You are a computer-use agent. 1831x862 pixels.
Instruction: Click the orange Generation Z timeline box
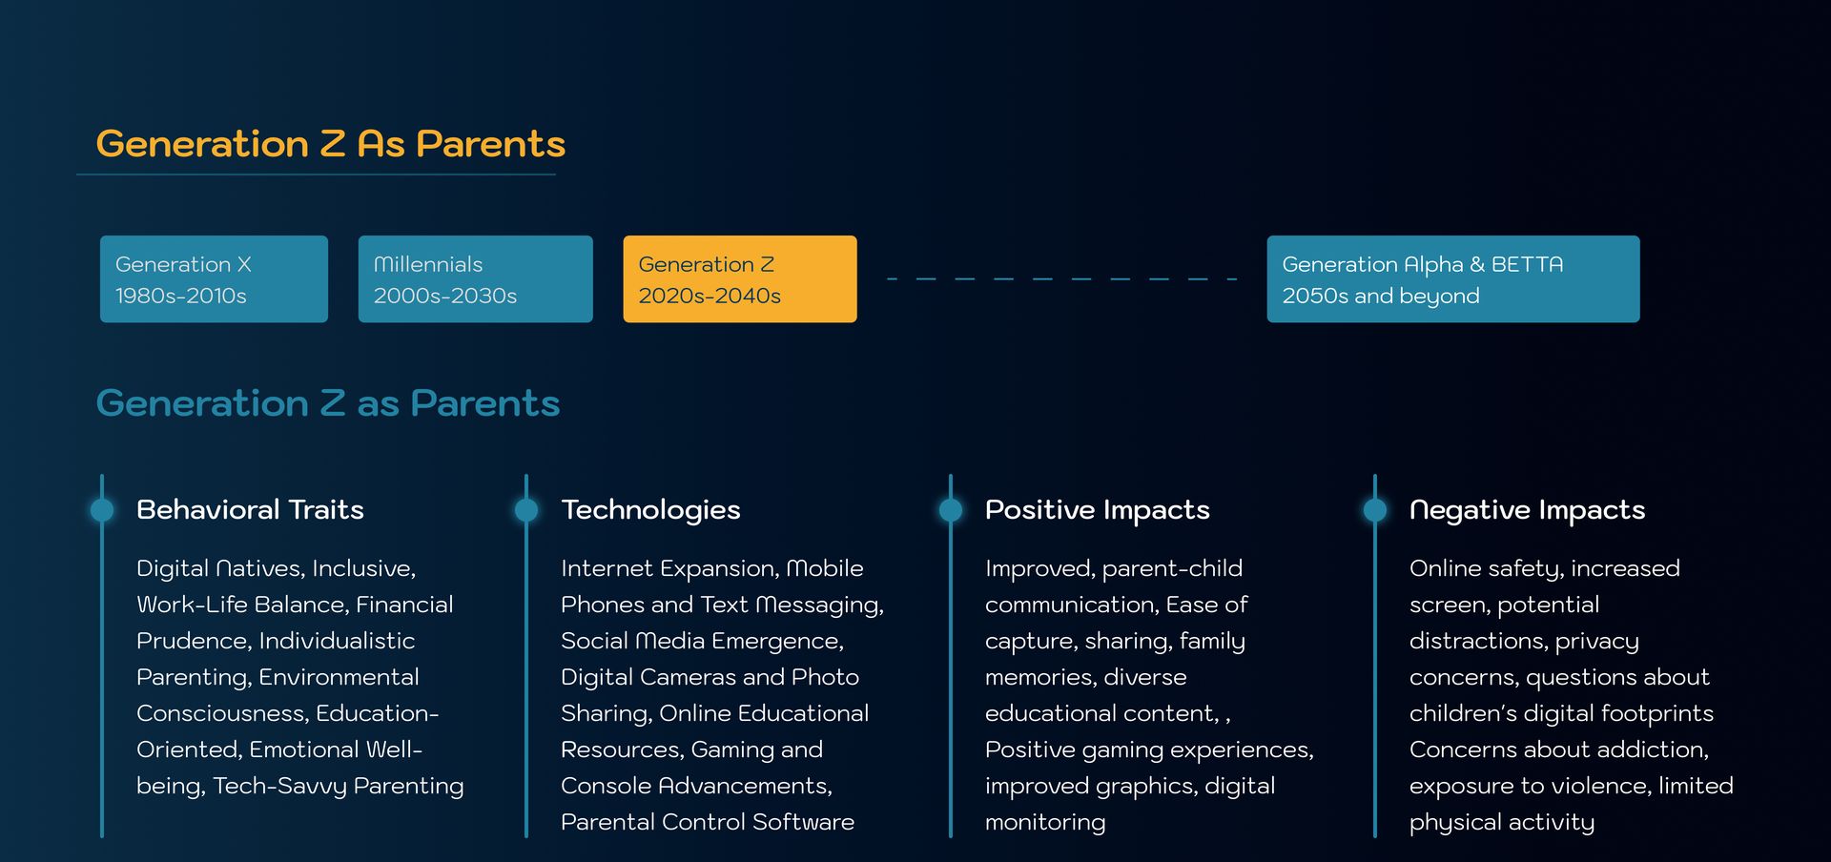[x=740, y=278]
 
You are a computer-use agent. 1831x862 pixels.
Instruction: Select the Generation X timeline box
[x=214, y=278]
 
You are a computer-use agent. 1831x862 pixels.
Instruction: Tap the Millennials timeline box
[x=475, y=278]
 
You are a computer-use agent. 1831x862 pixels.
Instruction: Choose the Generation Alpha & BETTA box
[x=1453, y=278]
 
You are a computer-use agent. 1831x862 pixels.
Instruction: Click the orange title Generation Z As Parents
[x=331, y=144]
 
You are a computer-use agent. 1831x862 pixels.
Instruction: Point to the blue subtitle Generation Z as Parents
[x=328, y=403]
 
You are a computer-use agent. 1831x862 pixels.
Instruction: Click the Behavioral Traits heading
[x=250, y=509]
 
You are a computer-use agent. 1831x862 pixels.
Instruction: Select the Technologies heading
[x=650, y=510]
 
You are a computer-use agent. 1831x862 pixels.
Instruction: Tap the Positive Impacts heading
[x=1098, y=510]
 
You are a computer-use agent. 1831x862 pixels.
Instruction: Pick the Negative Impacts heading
[x=1528, y=510]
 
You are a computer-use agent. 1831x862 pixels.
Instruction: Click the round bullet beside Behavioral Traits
[x=102, y=510]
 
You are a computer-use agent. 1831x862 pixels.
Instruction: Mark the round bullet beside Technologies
[x=526, y=510]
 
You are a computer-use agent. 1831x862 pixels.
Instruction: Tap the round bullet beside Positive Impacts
[x=951, y=510]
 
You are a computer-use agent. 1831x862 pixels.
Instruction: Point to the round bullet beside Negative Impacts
[x=1375, y=510]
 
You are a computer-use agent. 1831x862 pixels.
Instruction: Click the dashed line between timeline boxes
[x=1062, y=278]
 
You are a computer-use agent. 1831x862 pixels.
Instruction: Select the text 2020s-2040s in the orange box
[x=710, y=296]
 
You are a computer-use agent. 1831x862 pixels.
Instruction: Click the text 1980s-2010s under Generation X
[x=180, y=296]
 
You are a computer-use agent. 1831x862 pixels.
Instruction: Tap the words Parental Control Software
[x=708, y=822]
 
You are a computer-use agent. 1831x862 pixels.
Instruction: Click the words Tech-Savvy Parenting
[x=339, y=787]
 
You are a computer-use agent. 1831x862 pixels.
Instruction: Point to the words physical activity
[x=1502, y=823]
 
